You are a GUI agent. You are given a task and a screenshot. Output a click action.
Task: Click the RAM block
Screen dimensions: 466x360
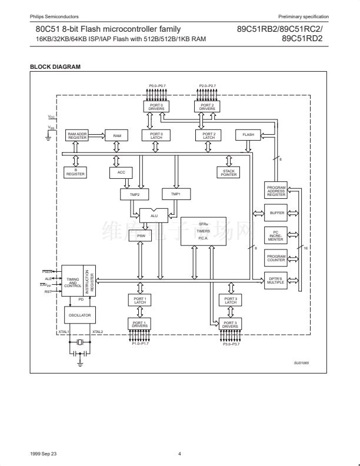116,136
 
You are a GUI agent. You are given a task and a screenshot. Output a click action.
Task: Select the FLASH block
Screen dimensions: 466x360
248,135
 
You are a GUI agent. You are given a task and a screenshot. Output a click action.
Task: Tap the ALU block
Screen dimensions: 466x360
154,216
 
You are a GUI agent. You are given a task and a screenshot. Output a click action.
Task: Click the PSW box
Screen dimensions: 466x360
141,236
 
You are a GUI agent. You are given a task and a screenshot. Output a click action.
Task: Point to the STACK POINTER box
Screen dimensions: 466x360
229,172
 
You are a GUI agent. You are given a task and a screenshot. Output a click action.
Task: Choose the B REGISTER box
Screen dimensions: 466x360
75,172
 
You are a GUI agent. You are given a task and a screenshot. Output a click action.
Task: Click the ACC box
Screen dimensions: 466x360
121,172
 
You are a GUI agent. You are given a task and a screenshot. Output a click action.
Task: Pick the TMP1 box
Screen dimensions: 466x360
176,194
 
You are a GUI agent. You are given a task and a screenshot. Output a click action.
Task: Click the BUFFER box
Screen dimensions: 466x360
276,212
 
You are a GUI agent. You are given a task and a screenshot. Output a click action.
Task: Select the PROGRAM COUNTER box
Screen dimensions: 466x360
276,258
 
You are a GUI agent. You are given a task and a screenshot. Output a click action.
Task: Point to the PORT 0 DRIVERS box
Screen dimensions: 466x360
156,107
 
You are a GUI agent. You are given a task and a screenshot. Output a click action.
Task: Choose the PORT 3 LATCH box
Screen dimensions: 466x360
230,301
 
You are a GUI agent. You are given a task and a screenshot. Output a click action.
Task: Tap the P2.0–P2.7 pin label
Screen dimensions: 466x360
208,86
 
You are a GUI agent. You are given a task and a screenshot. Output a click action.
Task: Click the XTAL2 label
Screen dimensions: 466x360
98,332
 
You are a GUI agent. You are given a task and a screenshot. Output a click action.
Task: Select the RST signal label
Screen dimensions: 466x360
48,292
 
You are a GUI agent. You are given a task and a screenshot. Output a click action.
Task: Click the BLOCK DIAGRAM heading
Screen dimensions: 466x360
55,66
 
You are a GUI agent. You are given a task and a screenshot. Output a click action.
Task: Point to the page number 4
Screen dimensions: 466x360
180,454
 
